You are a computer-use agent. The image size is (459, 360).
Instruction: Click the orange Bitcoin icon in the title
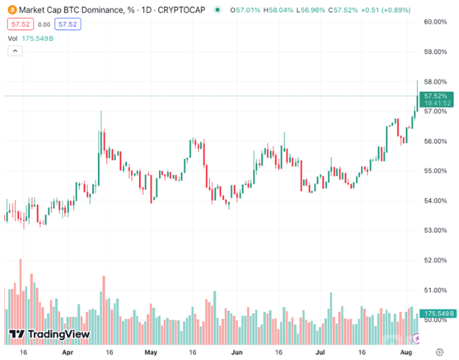point(10,10)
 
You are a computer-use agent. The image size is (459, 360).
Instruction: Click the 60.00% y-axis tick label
point(435,22)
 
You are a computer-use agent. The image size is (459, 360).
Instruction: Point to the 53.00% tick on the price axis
point(435,231)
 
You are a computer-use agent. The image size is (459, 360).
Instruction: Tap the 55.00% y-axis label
point(435,171)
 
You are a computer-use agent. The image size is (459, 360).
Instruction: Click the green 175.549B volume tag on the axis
point(438,313)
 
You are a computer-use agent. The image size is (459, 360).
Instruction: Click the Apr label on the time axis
point(68,351)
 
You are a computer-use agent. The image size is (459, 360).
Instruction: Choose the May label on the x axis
point(150,351)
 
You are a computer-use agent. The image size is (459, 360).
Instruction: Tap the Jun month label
point(237,351)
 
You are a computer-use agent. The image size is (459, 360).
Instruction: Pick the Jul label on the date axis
point(320,351)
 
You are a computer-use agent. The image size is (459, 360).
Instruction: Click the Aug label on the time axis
point(406,351)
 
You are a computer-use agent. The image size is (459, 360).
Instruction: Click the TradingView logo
point(49,334)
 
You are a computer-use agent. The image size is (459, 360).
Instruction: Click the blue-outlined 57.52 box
point(67,24)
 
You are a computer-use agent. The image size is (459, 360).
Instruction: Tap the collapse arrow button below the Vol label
point(14,51)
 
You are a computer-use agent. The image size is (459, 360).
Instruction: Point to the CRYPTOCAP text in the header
point(184,10)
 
